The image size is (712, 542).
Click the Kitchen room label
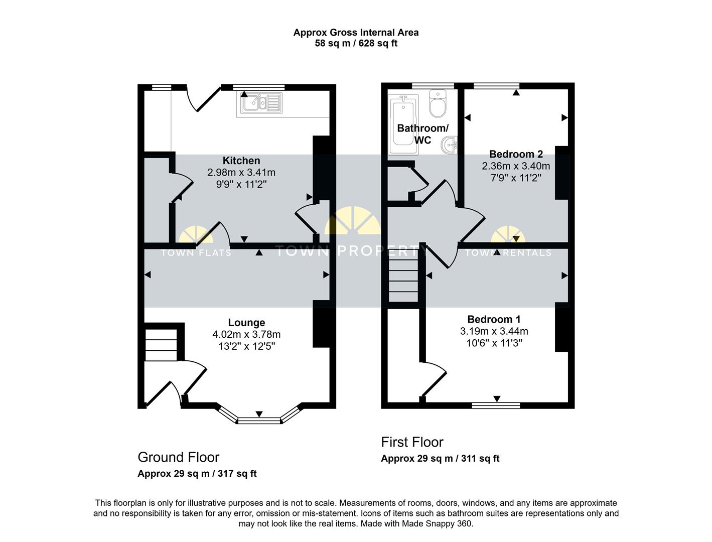(x=241, y=161)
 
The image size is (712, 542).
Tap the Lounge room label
(x=246, y=322)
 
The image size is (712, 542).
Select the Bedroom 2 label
(x=516, y=154)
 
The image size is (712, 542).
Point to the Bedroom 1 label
(x=494, y=320)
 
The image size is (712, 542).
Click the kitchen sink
(x=261, y=103)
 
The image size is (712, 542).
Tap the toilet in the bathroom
(x=438, y=103)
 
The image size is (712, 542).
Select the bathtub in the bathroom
(x=403, y=124)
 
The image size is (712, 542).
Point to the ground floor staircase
(x=161, y=345)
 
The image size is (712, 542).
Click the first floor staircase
(x=403, y=280)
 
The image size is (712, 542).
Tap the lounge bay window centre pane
(x=259, y=421)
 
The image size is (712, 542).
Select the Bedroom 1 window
(x=496, y=405)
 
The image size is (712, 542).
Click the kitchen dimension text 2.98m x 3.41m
(x=241, y=172)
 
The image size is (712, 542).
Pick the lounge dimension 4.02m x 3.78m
(x=246, y=334)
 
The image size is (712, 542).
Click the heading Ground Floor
(x=179, y=457)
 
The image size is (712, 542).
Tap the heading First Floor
(x=412, y=442)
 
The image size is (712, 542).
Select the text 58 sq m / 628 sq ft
(x=356, y=43)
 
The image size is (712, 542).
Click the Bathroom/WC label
(x=422, y=134)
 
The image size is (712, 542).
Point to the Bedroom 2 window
(x=496, y=86)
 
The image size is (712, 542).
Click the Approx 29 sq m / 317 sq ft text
(x=197, y=474)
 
